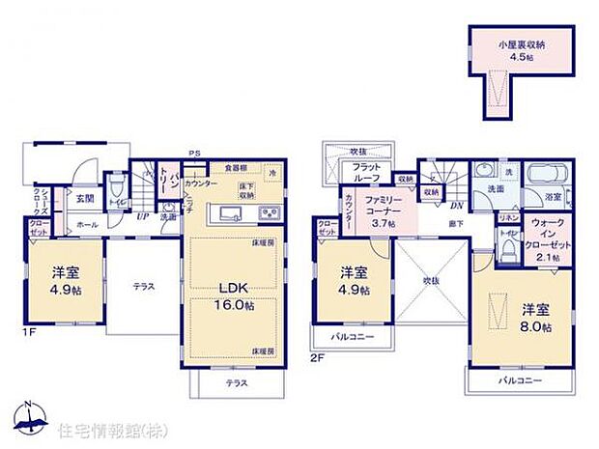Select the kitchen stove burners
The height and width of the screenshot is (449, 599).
(268, 213)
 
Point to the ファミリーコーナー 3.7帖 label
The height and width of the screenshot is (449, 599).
(378, 210)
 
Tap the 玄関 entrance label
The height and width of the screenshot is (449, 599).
(84, 200)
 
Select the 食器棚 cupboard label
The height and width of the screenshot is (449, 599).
(235, 167)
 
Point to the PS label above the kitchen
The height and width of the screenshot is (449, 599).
(194, 153)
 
